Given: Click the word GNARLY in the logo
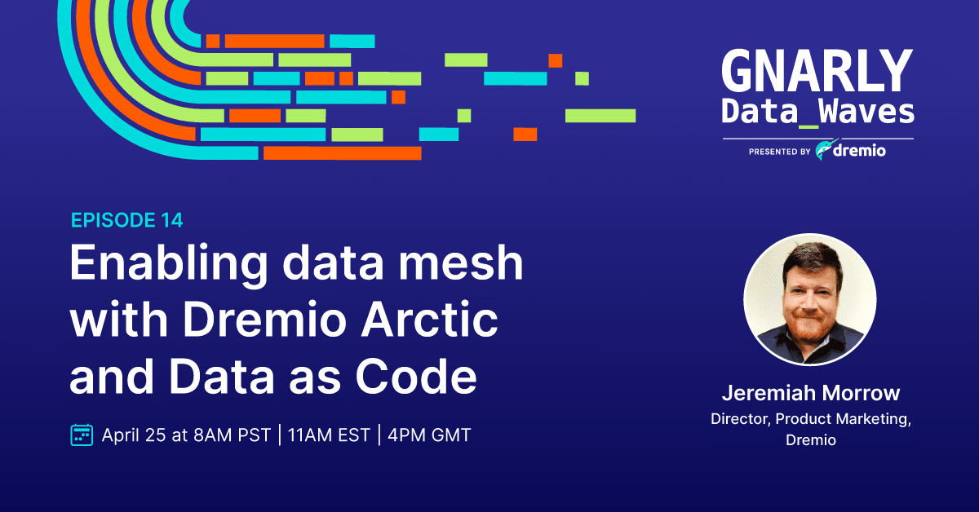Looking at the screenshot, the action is pos(817,70).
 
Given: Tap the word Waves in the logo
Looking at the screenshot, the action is pos(866,111).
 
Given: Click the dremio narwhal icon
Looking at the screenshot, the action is pos(826,149).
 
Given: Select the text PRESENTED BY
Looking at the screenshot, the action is pos(780,152).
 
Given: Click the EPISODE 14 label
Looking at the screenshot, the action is pos(126,220).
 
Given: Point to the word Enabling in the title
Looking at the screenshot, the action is pos(169,263).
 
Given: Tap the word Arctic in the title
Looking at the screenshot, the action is pos(429,319).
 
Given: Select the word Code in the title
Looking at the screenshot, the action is pos(415,376).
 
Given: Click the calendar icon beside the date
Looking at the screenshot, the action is pos(82,435).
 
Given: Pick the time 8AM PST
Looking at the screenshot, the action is pos(232,435).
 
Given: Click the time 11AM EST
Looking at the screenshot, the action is pos(329,435).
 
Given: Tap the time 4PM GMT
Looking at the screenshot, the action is pos(429,435).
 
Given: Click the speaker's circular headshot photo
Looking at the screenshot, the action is pos(810,299).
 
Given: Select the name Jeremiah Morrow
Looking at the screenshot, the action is pos(811,393).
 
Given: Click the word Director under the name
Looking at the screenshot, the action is pos(741,419).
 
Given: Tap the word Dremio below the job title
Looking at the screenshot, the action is pos(811,440).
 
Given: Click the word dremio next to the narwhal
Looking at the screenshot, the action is pos(859,150).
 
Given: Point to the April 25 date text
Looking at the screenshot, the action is pos(134,435).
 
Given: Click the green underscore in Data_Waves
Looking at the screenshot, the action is pos(808,126).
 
